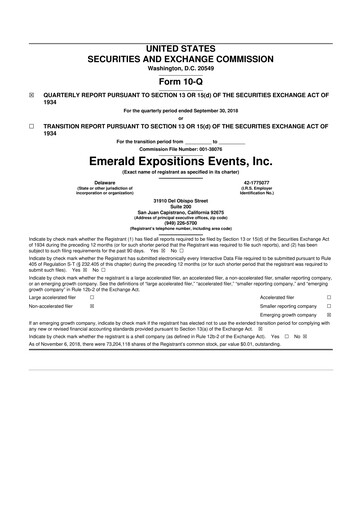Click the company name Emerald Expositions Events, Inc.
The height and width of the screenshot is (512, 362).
point(181,160)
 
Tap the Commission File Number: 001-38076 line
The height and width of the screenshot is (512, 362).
point(181,149)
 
